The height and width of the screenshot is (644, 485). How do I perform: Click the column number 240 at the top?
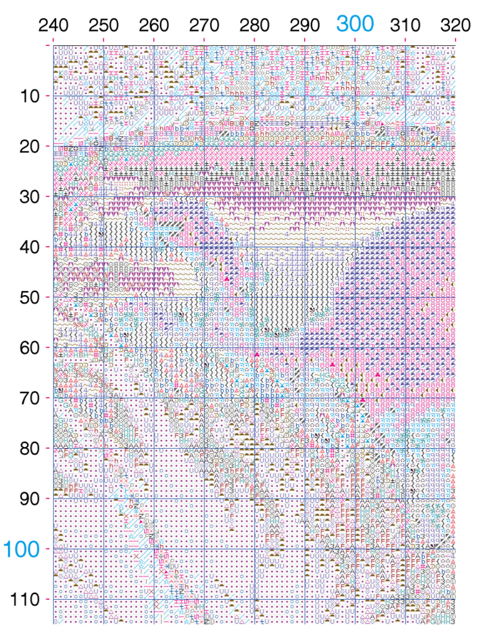point(53,25)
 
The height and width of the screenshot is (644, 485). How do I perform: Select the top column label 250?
point(103,25)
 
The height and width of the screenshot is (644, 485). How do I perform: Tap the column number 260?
point(154,25)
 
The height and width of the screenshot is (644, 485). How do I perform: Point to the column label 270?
point(204,25)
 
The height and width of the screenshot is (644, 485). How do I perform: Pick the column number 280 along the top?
point(254,25)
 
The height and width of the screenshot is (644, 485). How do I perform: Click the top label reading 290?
point(305,25)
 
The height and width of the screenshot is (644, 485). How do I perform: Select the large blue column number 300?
point(355,24)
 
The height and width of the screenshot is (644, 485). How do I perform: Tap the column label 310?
point(405,25)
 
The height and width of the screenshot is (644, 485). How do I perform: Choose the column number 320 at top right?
point(455,25)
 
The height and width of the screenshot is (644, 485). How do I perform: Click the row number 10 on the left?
point(29,96)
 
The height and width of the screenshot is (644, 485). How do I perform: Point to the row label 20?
point(29,146)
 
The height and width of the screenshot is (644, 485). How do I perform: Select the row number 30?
point(29,197)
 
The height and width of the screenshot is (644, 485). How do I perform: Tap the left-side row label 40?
point(29,247)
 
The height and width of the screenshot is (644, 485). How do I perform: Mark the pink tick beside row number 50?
point(48,297)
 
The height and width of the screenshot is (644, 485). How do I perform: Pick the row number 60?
point(29,348)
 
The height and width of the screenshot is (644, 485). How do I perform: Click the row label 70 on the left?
point(29,398)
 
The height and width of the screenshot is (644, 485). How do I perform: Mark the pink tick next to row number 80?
point(48,448)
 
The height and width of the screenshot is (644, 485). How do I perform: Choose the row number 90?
point(29,499)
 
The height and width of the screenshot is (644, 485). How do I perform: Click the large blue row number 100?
point(22,549)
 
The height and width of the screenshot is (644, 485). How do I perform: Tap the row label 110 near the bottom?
point(25,600)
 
